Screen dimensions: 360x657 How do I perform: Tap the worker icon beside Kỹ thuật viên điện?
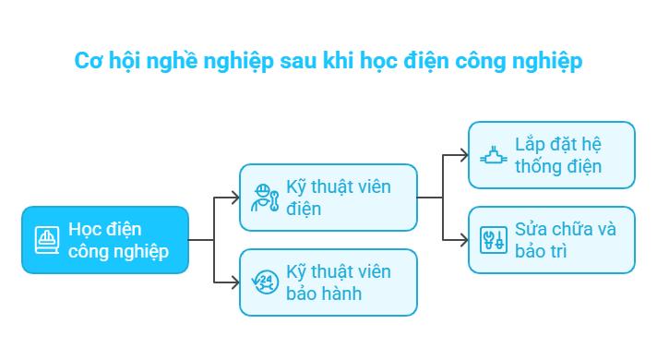[x=263, y=198]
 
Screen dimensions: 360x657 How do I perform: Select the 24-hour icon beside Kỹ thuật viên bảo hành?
[x=263, y=282]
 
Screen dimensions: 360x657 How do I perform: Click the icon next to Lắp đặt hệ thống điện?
[x=492, y=155]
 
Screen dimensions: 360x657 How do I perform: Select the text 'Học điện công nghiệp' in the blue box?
[x=118, y=240]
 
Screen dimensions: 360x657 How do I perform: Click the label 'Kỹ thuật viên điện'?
[x=338, y=198]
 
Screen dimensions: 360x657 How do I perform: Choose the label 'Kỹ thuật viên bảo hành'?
[x=338, y=283]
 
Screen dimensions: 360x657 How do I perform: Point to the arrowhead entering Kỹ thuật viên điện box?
[x=233, y=198]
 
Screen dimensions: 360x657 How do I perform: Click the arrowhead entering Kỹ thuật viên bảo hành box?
[x=233, y=282]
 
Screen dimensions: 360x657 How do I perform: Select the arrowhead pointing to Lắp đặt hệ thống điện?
[x=463, y=155]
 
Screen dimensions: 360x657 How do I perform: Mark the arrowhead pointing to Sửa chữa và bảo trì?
[x=463, y=240]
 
